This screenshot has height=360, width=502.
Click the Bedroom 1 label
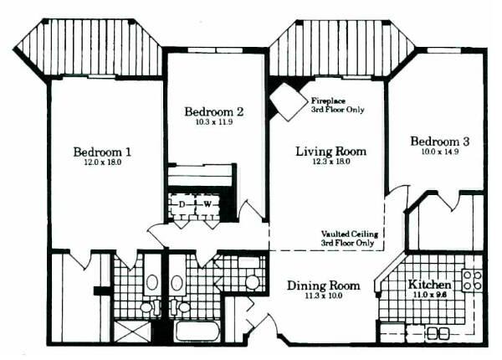click(102, 152)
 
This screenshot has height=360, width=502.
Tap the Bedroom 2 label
click(214, 112)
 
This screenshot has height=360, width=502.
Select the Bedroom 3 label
click(440, 141)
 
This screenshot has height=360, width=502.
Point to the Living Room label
click(331, 152)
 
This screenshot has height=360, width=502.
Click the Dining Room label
click(323, 285)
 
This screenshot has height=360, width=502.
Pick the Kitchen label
click(429, 284)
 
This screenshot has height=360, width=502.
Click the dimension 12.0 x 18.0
click(102, 162)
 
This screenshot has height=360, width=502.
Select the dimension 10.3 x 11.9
click(214, 122)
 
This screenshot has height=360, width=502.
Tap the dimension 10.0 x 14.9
click(440, 152)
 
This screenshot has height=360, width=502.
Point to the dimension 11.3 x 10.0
click(323, 296)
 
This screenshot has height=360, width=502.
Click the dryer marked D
click(182, 204)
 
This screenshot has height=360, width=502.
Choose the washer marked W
click(207, 204)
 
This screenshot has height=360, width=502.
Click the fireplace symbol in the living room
click(288, 101)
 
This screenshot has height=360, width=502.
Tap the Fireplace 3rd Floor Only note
click(338, 105)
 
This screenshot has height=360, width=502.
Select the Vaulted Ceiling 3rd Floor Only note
click(350, 239)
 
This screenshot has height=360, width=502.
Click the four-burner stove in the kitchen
click(472, 280)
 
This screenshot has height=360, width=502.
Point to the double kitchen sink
click(437, 333)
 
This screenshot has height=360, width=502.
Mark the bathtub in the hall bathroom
click(197, 332)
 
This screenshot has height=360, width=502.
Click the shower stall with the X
click(132, 332)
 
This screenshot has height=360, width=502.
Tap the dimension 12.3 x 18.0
click(331, 162)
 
